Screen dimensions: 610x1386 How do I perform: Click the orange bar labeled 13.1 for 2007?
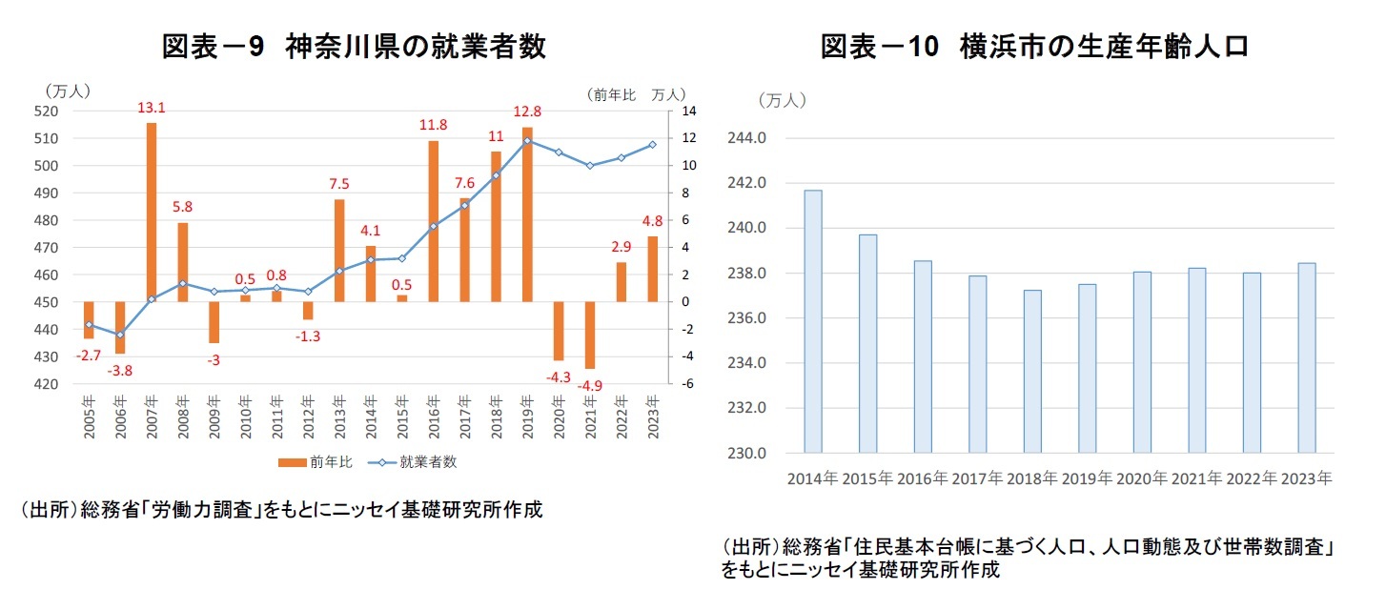coord(152,212)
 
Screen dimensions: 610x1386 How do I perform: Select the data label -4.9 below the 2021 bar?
coord(591,385)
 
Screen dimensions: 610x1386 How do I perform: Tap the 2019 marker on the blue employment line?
coord(527,141)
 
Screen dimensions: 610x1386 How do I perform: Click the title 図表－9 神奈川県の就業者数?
coord(354,47)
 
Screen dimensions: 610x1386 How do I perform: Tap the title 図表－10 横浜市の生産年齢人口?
coord(1034,47)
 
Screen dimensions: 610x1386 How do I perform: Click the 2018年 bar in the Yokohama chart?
coord(1032,371)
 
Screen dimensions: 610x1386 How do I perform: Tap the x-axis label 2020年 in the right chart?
coord(1141,478)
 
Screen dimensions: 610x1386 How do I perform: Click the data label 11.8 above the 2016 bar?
coord(433,125)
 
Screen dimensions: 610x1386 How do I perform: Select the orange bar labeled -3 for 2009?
coord(214,322)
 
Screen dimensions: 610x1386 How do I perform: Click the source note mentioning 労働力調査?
coord(281,510)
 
